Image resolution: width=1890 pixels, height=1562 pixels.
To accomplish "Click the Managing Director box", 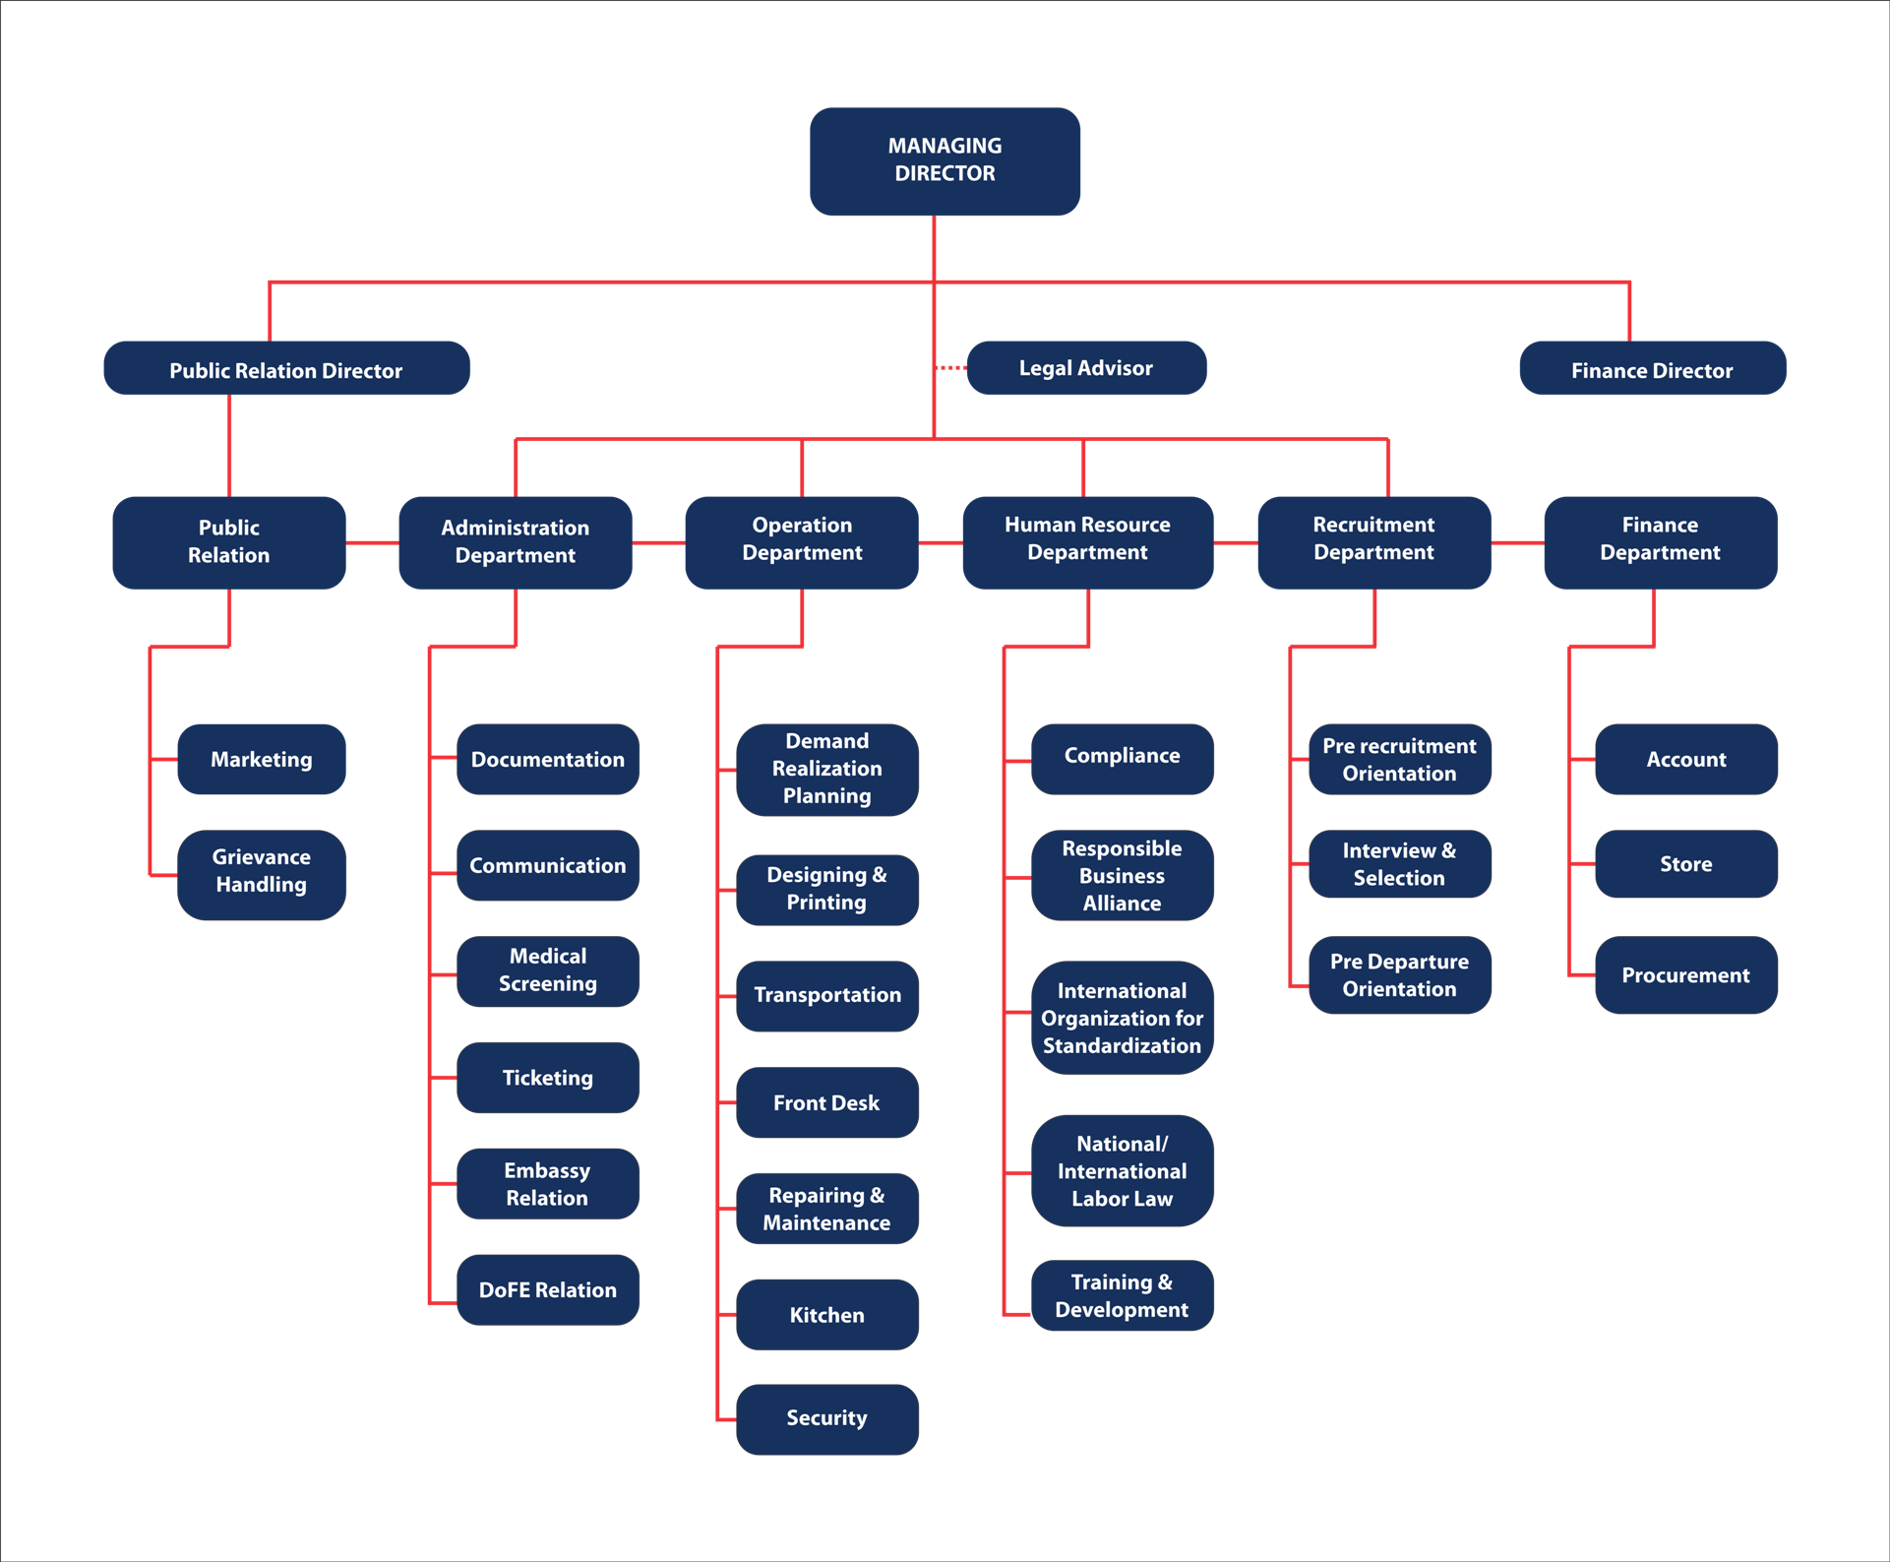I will point(945,160).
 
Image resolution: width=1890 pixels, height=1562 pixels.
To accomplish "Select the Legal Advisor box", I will point(1086,368).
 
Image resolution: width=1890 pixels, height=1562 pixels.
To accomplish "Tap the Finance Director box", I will point(1652,369).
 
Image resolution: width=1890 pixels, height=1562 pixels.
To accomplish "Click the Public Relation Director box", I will point(286,369).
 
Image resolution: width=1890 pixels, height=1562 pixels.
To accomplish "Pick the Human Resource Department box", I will point(1087,540).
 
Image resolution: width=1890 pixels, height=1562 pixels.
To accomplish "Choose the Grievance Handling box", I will point(262,872).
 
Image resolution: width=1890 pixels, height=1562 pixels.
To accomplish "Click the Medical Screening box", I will point(548,970).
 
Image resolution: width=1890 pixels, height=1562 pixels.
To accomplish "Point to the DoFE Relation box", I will point(548,1289).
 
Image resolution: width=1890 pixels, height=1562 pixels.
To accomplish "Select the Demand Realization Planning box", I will point(826,769).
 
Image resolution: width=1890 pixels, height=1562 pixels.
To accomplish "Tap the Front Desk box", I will point(826,1102).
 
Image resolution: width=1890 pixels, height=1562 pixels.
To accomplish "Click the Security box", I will point(826,1418).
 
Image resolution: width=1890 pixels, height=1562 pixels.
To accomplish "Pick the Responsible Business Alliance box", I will point(1122,875).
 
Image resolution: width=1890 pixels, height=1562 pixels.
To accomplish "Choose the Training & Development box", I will point(1122,1295).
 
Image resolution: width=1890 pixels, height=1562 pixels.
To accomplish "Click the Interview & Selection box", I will point(1399,864).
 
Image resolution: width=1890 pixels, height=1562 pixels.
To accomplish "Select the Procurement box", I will point(1685,975).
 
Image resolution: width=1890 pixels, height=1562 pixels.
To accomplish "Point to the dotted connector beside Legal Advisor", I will point(951,367).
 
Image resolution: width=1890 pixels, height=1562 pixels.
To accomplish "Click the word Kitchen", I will point(826,1315).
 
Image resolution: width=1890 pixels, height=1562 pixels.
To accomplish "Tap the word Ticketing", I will point(548,1078).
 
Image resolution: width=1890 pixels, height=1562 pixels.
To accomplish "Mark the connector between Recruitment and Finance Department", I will point(1518,542).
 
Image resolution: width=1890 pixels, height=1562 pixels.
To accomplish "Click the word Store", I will point(1685,864).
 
